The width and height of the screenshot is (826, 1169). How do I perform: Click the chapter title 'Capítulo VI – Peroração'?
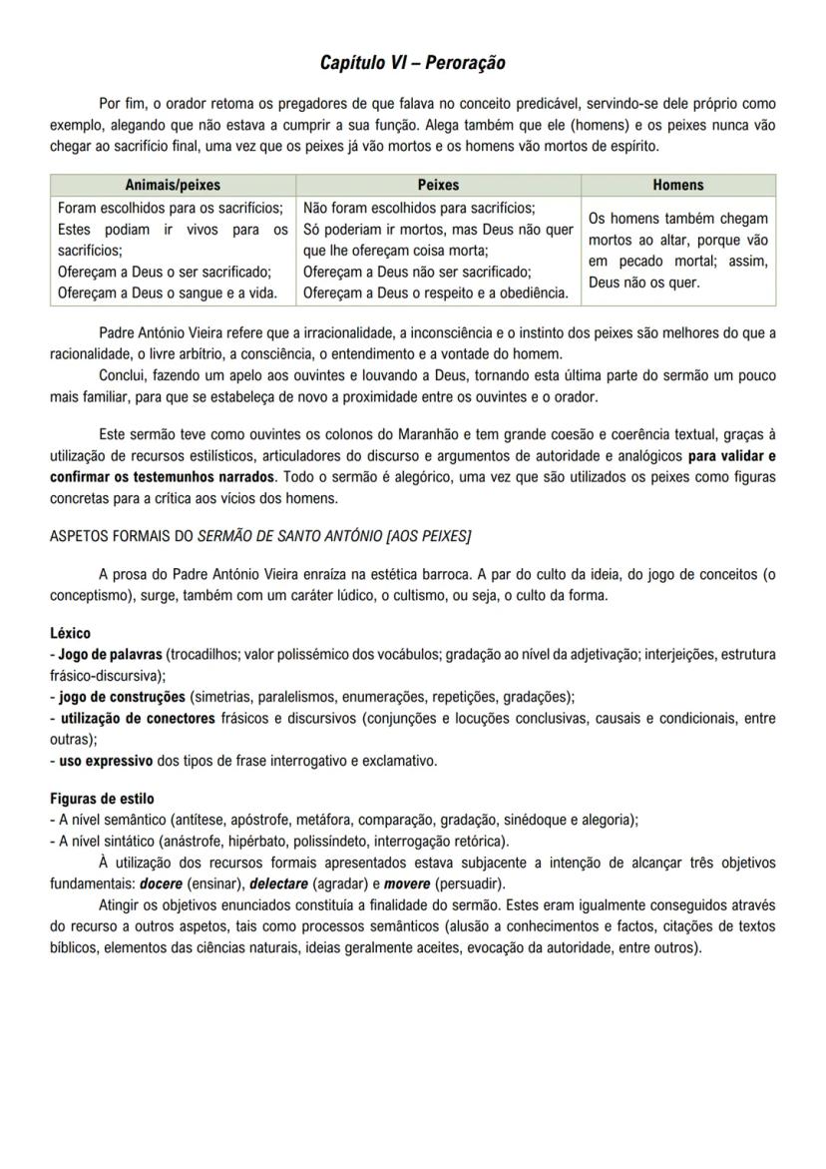point(412,63)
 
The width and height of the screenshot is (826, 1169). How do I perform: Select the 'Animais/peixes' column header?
point(173,185)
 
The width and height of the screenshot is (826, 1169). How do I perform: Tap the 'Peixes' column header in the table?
point(438,185)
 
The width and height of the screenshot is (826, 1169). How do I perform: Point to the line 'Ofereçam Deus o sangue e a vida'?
point(167,292)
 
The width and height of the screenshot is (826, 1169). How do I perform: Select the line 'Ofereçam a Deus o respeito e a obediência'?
point(435,292)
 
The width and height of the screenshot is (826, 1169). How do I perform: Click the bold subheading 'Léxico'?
point(70,633)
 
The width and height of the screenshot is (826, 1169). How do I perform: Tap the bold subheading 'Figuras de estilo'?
point(102,799)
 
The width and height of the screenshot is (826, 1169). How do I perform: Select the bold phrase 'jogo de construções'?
point(122,696)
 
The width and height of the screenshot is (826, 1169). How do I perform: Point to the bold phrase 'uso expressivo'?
point(106,760)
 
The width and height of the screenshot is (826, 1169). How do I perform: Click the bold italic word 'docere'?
point(160,883)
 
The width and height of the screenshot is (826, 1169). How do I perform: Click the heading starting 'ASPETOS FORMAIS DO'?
point(259,535)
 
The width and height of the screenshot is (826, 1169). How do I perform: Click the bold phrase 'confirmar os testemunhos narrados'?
point(161,475)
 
